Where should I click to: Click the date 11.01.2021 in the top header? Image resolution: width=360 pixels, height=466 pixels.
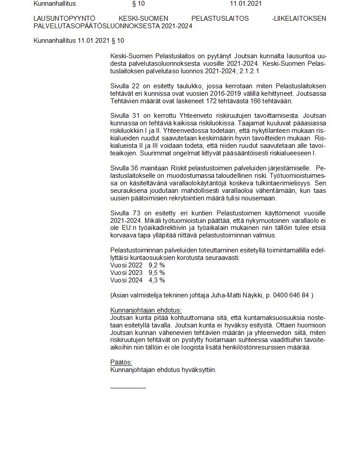click(246, 4)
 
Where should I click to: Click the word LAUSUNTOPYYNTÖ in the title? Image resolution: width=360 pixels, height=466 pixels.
click(61, 18)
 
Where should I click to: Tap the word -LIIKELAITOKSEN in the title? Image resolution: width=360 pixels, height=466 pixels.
click(300, 18)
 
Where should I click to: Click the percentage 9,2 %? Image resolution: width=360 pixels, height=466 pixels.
click(157, 265)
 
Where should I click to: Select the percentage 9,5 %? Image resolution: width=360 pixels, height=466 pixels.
click(157, 273)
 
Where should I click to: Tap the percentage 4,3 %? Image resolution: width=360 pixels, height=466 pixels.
click(157, 280)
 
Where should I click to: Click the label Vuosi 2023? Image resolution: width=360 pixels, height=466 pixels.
click(127, 273)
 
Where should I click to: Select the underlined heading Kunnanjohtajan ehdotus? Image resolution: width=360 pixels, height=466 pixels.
click(146, 310)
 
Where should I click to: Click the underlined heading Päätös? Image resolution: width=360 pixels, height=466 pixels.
click(121, 362)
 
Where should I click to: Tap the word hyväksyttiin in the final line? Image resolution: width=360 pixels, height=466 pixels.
click(199, 370)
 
